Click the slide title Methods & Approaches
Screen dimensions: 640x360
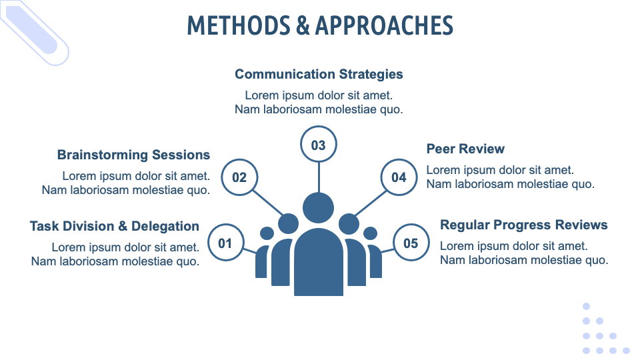(320, 25)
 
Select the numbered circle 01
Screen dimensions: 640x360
(226, 243)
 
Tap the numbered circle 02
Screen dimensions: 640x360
(239, 177)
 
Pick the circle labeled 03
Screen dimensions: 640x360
(319, 145)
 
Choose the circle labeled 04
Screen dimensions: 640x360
(399, 177)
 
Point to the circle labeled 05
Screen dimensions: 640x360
(411, 243)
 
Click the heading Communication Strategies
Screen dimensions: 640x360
(319, 74)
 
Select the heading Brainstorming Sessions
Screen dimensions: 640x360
(133, 155)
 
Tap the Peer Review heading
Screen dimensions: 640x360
(465, 149)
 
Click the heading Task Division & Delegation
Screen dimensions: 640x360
(114, 226)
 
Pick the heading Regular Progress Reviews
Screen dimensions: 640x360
(524, 225)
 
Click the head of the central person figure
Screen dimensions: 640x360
(319, 208)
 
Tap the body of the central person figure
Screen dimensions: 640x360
(319, 261)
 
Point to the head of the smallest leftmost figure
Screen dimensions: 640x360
(267, 233)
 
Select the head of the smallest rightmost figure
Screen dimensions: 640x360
(370, 233)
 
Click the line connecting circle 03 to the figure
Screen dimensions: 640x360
(319, 177)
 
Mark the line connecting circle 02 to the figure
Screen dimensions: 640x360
(268, 203)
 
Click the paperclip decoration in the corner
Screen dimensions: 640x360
(34, 33)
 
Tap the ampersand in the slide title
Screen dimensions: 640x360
(303, 25)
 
